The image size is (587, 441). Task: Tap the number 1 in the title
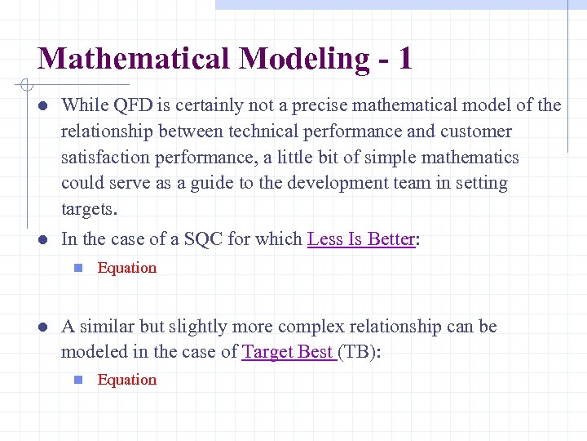click(x=404, y=59)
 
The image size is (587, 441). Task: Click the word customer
click(x=476, y=131)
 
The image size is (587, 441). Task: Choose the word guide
click(x=210, y=184)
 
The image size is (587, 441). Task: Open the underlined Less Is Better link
click(x=361, y=239)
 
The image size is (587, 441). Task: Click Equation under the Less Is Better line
click(x=127, y=268)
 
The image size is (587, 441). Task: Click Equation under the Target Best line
click(x=127, y=380)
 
